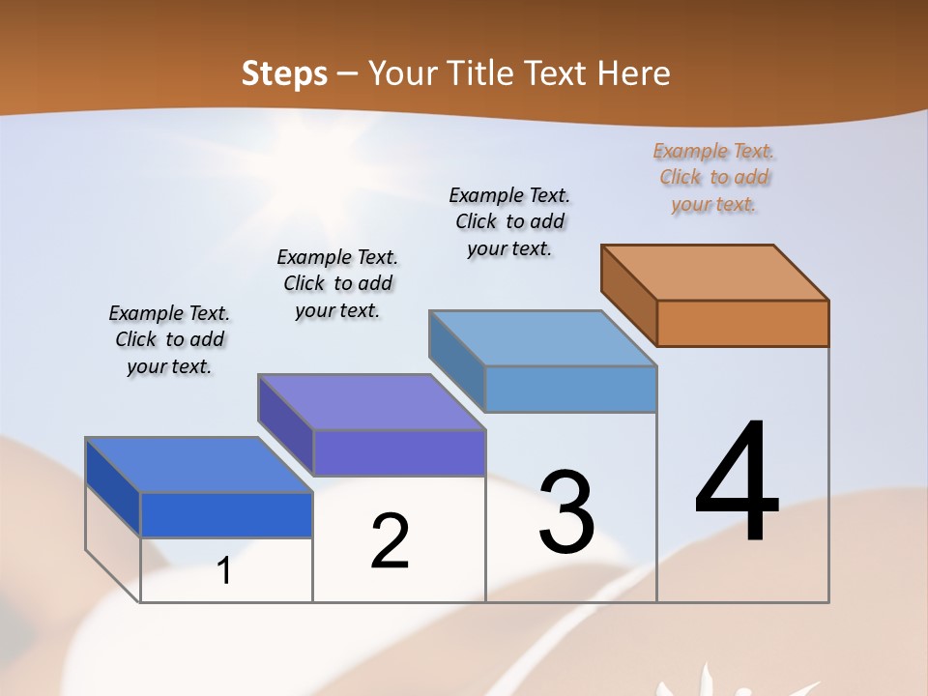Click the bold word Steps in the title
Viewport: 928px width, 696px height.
point(284,73)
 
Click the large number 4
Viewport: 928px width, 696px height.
point(737,483)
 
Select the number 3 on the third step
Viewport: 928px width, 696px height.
point(566,512)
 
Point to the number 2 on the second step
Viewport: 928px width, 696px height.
point(390,541)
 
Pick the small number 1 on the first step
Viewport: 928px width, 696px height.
point(224,571)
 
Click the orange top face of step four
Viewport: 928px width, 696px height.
point(713,272)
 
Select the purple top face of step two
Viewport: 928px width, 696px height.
point(370,401)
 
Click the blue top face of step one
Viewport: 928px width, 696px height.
point(198,464)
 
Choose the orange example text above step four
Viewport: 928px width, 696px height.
point(713,178)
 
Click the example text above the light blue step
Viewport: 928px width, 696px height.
point(509,221)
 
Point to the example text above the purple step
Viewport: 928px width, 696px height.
point(337,283)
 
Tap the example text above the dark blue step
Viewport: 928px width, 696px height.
point(169,339)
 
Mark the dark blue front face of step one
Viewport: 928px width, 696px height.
point(226,514)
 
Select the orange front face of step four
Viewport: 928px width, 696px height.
point(742,323)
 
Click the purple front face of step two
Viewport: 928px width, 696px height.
point(398,452)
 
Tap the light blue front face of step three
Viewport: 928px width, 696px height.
point(570,389)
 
